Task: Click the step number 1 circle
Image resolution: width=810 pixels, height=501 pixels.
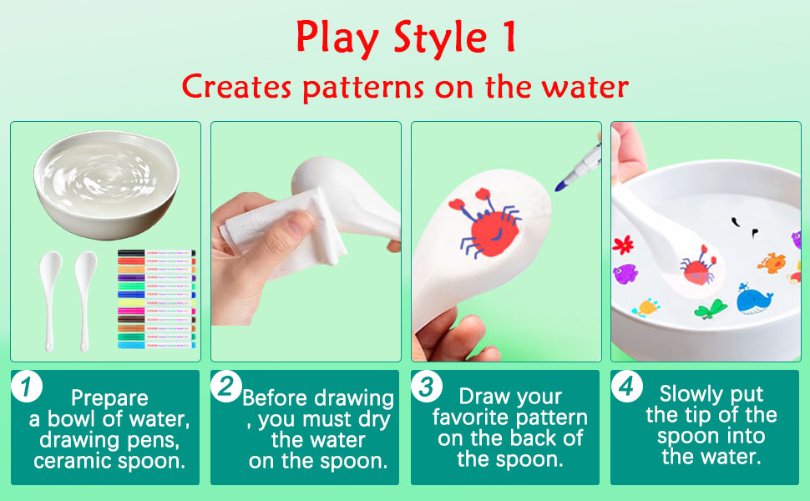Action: pos(28,387)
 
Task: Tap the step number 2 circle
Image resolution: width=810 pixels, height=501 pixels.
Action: pos(227,387)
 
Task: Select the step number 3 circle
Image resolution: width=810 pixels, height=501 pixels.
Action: pos(428,387)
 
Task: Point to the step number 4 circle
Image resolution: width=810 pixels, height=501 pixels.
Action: pos(627,387)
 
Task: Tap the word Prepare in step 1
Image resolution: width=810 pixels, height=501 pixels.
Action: pos(109,398)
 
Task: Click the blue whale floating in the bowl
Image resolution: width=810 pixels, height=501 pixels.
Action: pos(754,298)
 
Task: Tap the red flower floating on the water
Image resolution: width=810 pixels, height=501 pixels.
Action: pos(622,245)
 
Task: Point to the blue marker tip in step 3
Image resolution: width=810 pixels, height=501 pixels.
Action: pos(561,181)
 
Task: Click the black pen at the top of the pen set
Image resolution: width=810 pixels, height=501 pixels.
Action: pos(156,252)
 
